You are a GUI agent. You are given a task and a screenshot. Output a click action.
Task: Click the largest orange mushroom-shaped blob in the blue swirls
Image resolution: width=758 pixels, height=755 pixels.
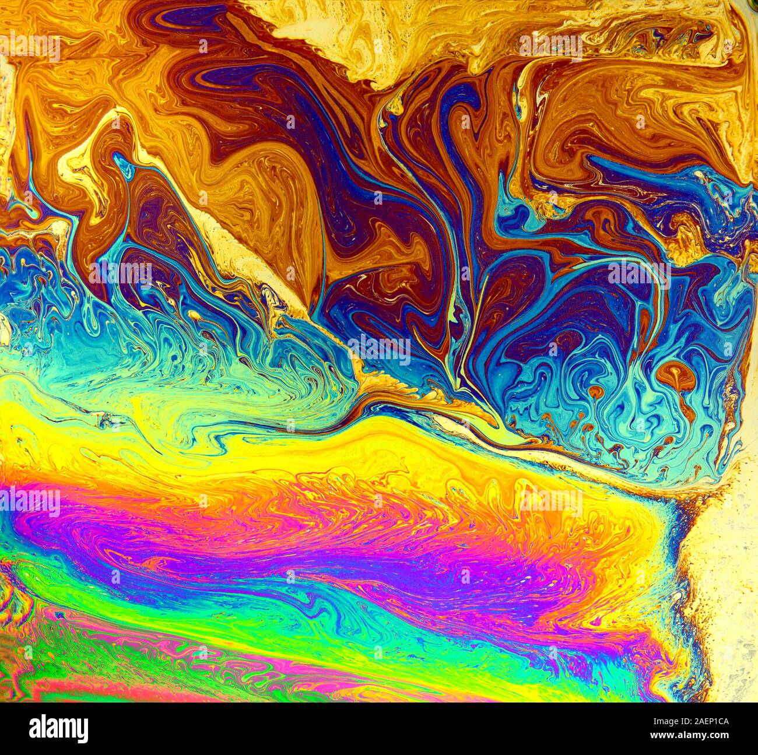[x=678, y=374]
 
